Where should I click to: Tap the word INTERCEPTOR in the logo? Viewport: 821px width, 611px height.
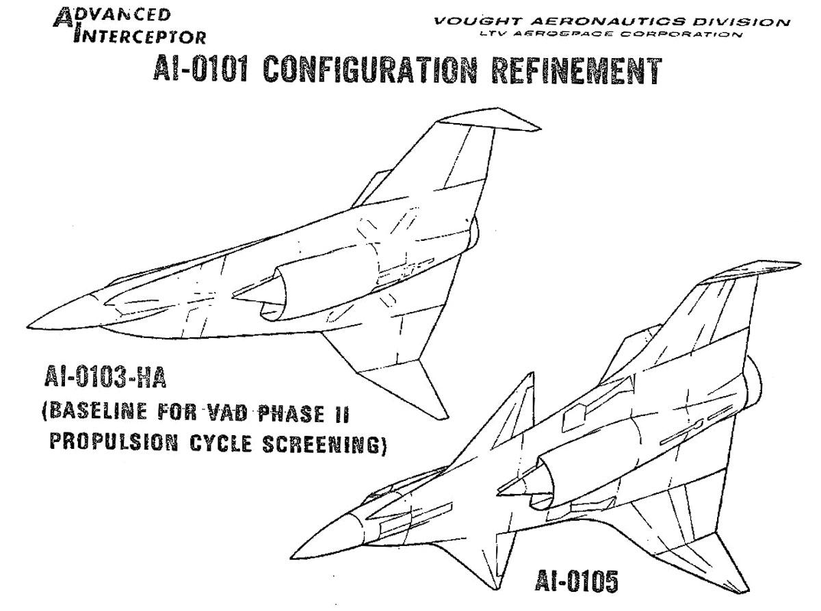pos(140,37)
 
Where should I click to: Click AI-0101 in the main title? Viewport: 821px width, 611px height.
pos(200,69)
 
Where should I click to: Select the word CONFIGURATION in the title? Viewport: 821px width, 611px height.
pos(369,70)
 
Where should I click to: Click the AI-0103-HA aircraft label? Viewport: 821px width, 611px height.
pos(105,377)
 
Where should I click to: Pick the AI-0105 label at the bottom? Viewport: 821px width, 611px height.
pos(576,581)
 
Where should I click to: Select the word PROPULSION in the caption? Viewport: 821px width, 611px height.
pos(114,442)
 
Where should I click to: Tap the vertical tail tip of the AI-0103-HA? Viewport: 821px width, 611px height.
pos(540,129)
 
